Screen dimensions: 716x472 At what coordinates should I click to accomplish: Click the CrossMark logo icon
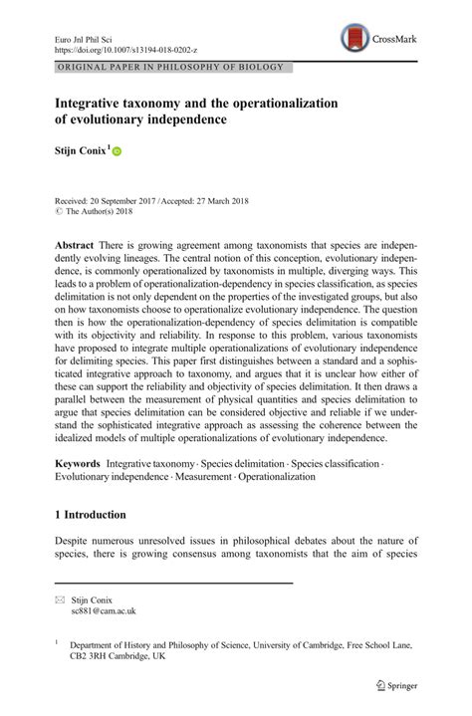point(354,39)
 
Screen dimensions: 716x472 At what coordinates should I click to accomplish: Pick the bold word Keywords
point(79,464)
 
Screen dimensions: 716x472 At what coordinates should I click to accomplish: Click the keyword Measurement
point(204,479)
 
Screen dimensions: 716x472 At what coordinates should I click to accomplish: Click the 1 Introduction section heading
point(91,516)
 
